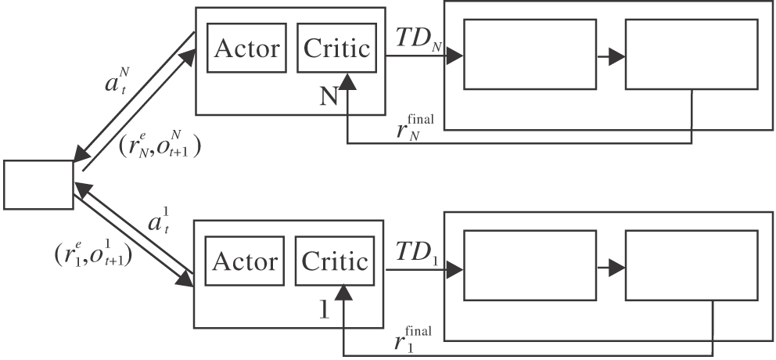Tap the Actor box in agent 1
[244, 261]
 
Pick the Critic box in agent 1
[335, 261]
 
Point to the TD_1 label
[415, 252]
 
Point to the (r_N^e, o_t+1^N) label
[158, 145]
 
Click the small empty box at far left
[38, 186]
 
